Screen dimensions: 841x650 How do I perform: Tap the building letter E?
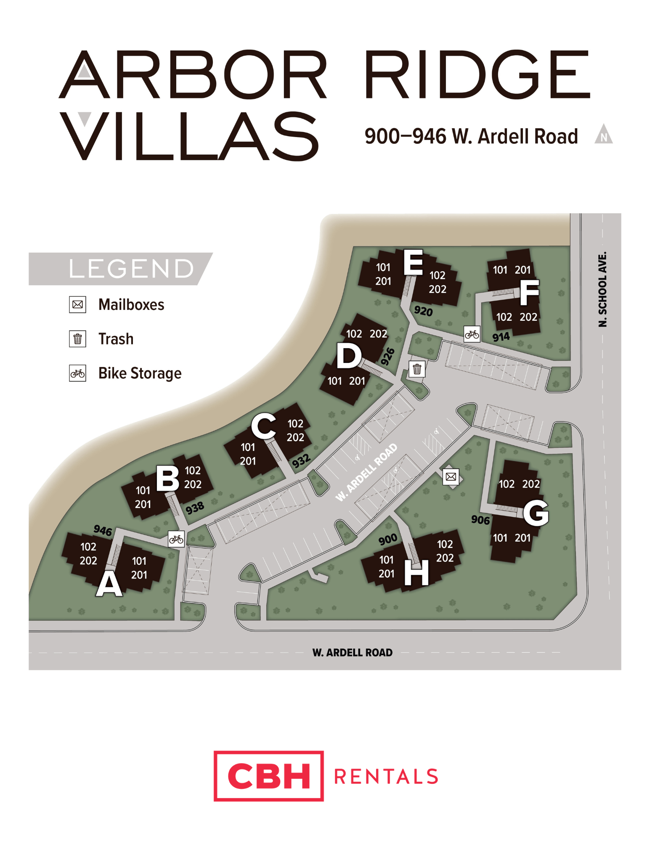click(x=413, y=262)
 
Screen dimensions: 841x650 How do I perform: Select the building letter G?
click(x=536, y=513)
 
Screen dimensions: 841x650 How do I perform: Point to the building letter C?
click(x=264, y=426)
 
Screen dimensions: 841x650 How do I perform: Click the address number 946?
click(x=103, y=530)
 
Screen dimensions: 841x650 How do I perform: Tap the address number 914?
click(x=501, y=337)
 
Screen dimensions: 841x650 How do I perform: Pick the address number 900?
click(x=387, y=539)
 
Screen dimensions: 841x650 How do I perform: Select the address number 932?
click(x=301, y=461)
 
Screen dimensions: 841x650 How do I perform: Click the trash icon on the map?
click(x=417, y=369)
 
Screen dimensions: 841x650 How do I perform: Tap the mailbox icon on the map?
click(x=451, y=476)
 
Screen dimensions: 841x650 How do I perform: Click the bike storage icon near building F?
click(x=472, y=334)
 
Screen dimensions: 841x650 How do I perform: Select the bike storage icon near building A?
click(x=176, y=539)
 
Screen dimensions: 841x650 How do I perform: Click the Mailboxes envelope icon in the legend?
click(x=78, y=304)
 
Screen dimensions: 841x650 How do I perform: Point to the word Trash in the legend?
click(x=116, y=339)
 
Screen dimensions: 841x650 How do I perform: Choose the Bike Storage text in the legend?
click(x=140, y=373)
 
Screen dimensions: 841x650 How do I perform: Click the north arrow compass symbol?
click(x=604, y=135)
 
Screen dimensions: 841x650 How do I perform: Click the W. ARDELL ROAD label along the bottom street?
click(x=352, y=653)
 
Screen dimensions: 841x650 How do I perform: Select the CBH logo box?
click(x=268, y=776)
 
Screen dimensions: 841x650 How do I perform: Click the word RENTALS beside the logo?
click(x=386, y=777)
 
